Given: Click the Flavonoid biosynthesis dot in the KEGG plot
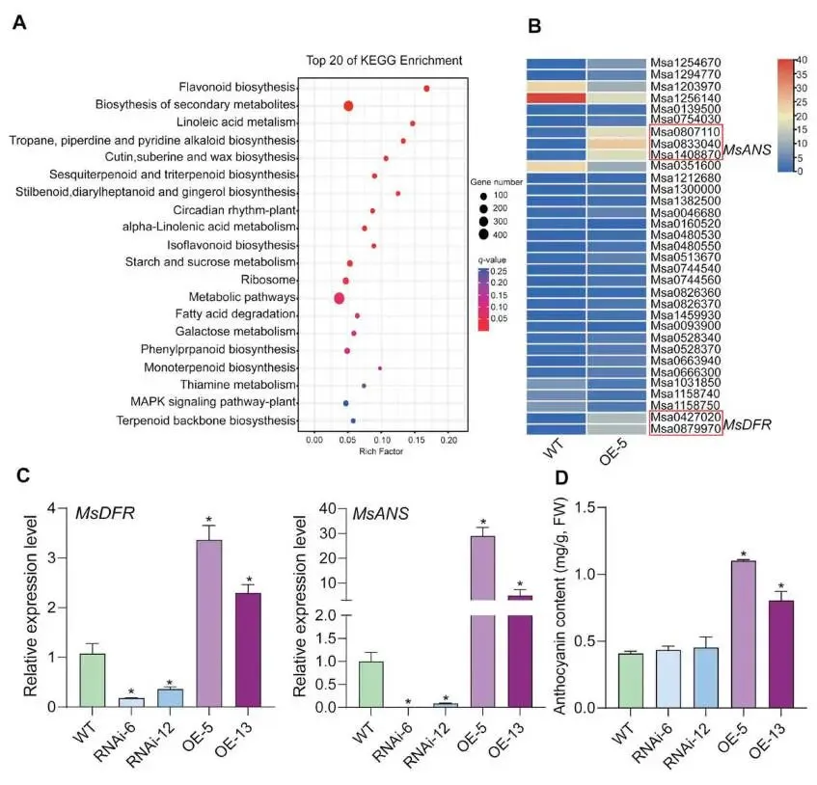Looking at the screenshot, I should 426,89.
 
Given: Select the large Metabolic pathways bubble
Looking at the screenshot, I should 339,298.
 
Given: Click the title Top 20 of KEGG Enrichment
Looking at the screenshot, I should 370,60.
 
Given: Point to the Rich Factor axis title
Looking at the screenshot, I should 379,451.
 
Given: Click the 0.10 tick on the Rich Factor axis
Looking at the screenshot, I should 381,440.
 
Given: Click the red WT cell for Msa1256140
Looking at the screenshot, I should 557,98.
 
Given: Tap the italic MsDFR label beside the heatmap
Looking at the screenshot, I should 750,423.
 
